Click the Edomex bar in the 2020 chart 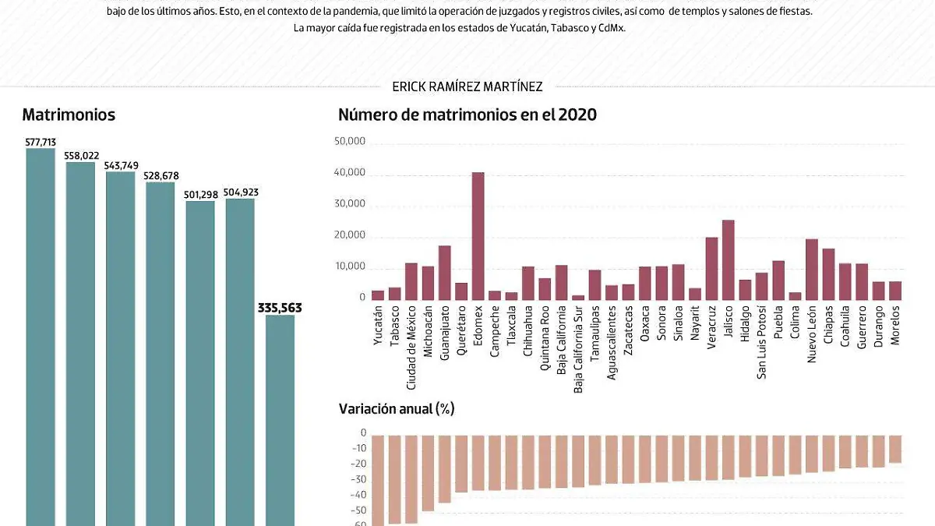tap(478, 236)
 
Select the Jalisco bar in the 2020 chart tap(729, 260)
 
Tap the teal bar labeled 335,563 tap(280, 421)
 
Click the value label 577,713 tap(41, 142)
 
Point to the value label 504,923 tap(240, 192)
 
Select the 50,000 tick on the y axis tap(350, 142)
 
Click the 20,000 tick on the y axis tap(350, 235)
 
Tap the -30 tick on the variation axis tap(358, 480)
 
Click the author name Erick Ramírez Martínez tap(467, 87)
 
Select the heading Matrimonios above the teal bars tap(69, 115)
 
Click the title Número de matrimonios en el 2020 tap(467, 115)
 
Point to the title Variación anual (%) tap(397, 408)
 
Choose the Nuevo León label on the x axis tap(812, 334)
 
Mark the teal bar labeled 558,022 tap(80, 343)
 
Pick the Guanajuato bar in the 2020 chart tap(444, 273)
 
